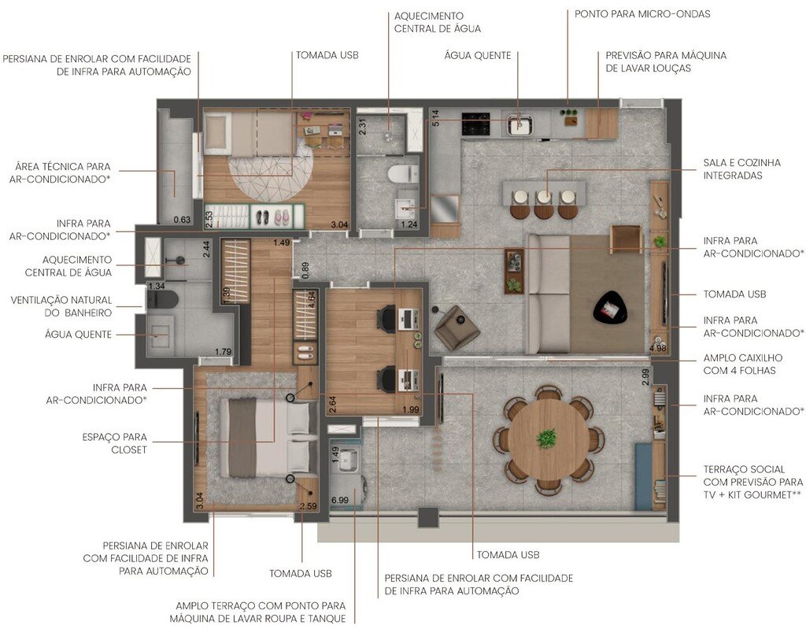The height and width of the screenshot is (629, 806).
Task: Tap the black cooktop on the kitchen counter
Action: click(x=475, y=124)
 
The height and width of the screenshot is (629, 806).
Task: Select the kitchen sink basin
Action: click(x=519, y=124)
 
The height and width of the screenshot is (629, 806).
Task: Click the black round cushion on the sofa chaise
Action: click(x=610, y=308)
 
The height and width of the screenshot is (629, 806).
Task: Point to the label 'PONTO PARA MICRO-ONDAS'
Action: click(x=642, y=14)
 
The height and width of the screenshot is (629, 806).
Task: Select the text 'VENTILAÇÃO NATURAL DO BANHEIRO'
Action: click(x=61, y=306)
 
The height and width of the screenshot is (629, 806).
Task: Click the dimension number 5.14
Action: click(x=435, y=117)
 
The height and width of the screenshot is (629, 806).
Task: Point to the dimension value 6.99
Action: click(x=340, y=500)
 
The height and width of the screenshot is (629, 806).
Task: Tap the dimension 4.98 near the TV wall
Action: click(x=657, y=347)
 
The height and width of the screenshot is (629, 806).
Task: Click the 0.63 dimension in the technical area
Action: click(x=182, y=220)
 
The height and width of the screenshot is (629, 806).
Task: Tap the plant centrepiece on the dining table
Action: click(x=546, y=438)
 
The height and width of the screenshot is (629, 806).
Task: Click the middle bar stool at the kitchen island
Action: click(x=544, y=204)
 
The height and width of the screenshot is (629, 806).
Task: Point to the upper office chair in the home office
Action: click(x=386, y=319)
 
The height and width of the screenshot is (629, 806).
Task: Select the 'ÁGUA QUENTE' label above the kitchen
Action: click(x=477, y=56)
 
